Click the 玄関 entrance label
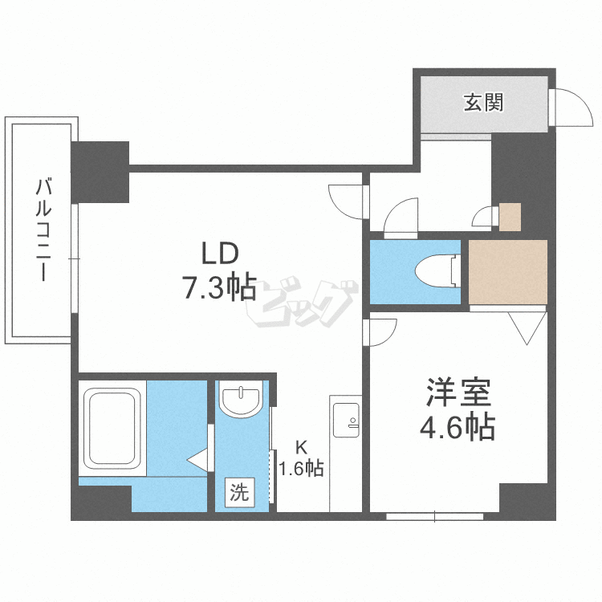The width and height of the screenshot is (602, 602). tap(482, 103)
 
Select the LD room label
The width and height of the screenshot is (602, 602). tap(218, 255)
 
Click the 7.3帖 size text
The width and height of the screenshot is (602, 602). tap(218, 287)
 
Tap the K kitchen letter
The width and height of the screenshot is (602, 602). tap(300, 448)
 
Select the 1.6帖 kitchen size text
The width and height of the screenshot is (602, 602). tap(301, 468)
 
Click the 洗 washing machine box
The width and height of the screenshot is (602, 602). tap(239, 492)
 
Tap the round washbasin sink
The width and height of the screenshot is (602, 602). tap(241, 399)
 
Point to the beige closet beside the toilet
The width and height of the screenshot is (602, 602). tap(507, 272)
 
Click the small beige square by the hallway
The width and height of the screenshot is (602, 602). tap(510, 216)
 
